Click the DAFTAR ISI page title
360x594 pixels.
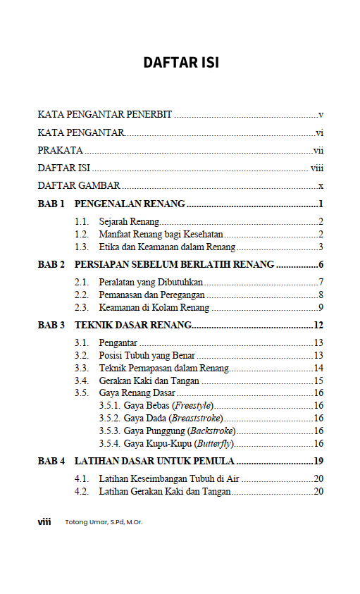click(x=181, y=63)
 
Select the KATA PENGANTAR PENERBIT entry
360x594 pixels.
click(x=105, y=114)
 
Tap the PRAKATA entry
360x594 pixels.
click(x=61, y=150)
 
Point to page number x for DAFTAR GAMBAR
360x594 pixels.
click(x=321, y=186)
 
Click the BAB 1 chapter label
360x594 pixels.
click(x=51, y=204)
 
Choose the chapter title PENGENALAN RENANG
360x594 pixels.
click(x=130, y=204)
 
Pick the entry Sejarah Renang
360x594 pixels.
click(x=129, y=223)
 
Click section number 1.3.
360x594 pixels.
click(x=81, y=247)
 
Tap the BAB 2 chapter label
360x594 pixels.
click(x=51, y=265)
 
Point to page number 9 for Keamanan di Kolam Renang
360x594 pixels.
click(x=321, y=307)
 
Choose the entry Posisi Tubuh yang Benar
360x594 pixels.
click(x=147, y=355)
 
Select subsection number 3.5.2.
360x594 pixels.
click(x=110, y=418)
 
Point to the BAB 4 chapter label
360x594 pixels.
click(x=51, y=462)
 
